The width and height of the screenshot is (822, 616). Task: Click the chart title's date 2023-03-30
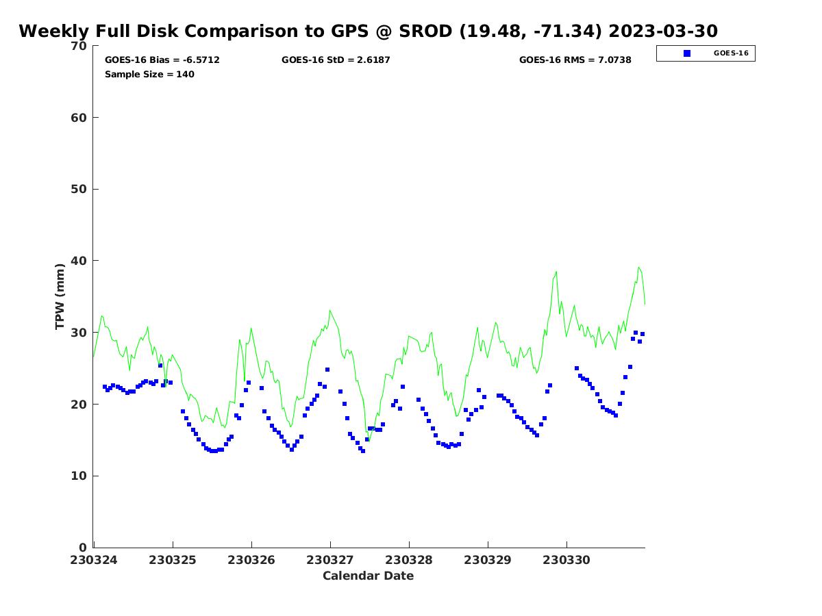pyautogui.click(x=662, y=31)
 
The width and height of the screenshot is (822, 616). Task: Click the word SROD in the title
pyautogui.click(x=425, y=31)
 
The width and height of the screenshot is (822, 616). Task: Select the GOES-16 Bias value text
pyautogui.click(x=162, y=60)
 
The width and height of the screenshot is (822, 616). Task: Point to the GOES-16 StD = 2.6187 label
pyautogui.click(x=336, y=60)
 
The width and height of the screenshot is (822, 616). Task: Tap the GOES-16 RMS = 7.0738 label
pyautogui.click(x=575, y=60)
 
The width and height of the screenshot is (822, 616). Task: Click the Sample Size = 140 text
pyautogui.click(x=149, y=75)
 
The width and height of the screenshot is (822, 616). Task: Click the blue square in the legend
pyautogui.click(x=687, y=53)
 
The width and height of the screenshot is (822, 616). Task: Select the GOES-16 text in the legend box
pyautogui.click(x=731, y=53)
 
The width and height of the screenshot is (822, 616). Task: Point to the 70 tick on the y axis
pyautogui.click(x=79, y=46)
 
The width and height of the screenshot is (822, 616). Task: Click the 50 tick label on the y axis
pyautogui.click(x=79, y=190)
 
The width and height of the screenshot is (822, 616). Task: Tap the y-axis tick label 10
pyautogui.click(x=79, y=476)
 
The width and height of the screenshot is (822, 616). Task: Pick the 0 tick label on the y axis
pyautogui.click(x=83, y=548)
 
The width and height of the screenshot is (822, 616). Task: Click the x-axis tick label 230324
pyautogui.click(x=93, y=560)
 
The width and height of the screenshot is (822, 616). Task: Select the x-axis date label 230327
pyautogui.click(x=329, y=560)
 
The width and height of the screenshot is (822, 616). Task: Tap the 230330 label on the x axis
pyautogui.click(x=566, y=560)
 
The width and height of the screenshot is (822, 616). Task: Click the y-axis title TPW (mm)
pyautogui.click(x=60, y=296)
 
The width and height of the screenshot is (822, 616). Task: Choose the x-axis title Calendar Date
pyautogui.click(x=368, y=576)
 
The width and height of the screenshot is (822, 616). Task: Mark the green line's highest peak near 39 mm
pyautogui.click(x=638, y=268)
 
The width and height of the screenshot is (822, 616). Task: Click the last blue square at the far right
pyautogui.click(x=643, y=334)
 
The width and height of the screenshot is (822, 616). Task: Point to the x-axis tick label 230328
pyautogui.click(x=408, y=560)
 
